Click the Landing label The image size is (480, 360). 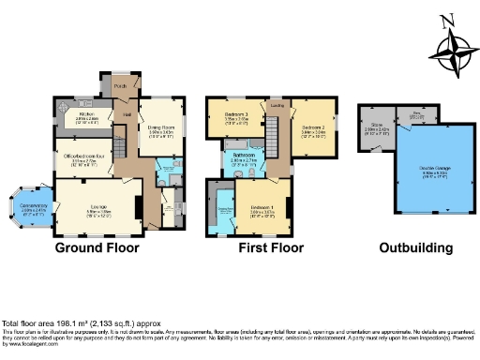click(x=277, y=106)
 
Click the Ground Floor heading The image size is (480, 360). click(x=97, y=248)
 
